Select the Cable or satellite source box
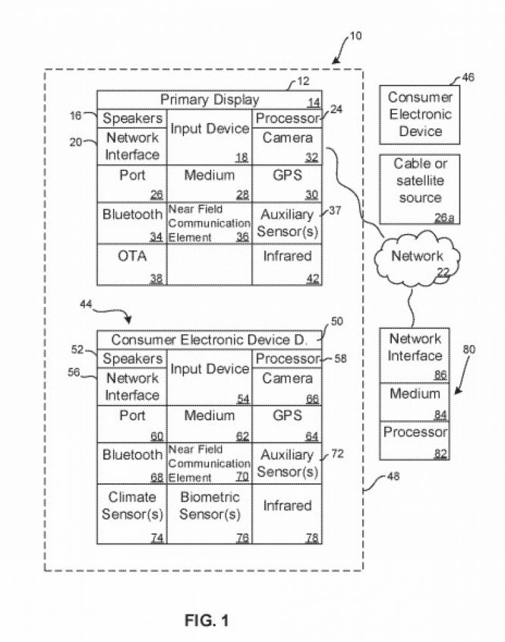(x=417, y=188)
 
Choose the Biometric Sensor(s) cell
(x=209, y=514)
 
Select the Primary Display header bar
(x=209, y=100)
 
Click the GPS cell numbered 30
(x=287, y=183)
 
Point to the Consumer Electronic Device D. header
(x=209, y=340)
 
